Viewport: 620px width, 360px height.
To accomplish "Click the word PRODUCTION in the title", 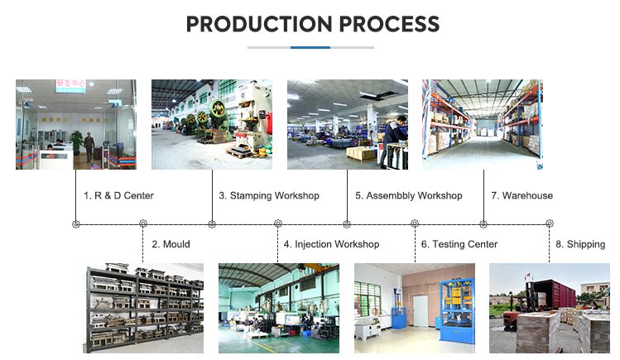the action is pos(259,24).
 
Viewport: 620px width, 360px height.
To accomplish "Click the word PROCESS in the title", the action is pos(390,24).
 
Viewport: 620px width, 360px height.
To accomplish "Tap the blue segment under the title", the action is pos(310,47).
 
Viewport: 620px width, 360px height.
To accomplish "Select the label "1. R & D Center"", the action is pos(118,195).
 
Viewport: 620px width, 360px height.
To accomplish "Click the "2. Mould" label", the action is pos(171,244).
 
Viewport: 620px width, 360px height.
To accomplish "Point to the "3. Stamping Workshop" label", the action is pos(269,195).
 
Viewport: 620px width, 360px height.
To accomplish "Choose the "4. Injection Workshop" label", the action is pos(331,244).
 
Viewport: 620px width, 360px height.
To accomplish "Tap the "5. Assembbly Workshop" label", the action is pos(408,195).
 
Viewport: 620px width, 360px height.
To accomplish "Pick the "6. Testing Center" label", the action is pos(459,244).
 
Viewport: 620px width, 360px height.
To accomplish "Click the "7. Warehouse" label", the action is pos(522,195).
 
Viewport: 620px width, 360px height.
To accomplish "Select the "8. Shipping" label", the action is pos(580,244).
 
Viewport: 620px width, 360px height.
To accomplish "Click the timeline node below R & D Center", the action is pos(76,224).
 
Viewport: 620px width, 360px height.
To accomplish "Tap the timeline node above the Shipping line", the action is pos(549,223).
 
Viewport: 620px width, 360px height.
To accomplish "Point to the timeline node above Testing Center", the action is pos(415,223).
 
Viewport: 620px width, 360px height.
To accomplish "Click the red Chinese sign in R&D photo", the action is pos(71,84).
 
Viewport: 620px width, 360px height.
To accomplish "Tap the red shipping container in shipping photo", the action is pos(553,293).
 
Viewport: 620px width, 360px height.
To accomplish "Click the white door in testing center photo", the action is pos(421,310).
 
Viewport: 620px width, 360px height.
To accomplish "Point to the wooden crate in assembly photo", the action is pos(362,153).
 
